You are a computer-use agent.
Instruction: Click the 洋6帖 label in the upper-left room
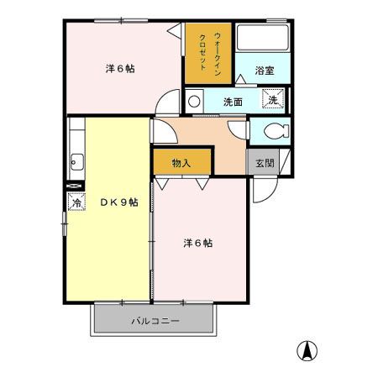click(x=120, y=69)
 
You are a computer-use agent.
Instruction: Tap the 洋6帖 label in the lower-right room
click(x=197, y=244)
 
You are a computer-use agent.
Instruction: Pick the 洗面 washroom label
click(x=233, y=102)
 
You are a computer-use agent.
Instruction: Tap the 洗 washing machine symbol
click(x=273, y=100)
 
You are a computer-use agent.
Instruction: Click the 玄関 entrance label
click(x=265, y=164)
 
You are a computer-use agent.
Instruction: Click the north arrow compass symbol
click(x=308, y=351)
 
